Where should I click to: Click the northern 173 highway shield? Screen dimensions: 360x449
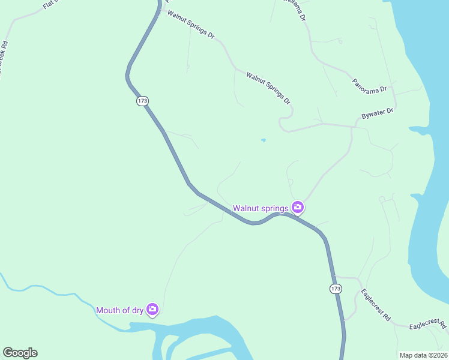pyautogui.click(x=142, y=101)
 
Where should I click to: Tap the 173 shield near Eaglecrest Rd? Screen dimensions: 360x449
pyautogui.click(x=336, y=289)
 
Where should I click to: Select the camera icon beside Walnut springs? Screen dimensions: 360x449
pyautogui.click(x=298, y=208)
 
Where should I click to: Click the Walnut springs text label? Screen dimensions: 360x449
pyautogui.click(x=261, y=208)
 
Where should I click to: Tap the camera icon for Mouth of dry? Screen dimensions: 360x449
pyautogui.click(x=152, y=310)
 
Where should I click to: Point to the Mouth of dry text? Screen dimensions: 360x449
pyautogui.click(x=120, y=310)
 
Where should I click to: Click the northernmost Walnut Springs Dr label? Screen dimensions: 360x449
pyautogui.click(x=191, y=24)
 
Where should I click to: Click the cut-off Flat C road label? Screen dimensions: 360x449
pyautogui.click(x=52, y=5)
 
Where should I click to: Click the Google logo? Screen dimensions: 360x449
pyautogui.click(x=20, y=353)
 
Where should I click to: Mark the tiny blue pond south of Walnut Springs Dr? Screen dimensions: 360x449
pyautogui.click(x=263, y=141)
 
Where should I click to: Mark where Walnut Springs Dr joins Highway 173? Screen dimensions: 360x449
pyautogui.click(x=160, y=8)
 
